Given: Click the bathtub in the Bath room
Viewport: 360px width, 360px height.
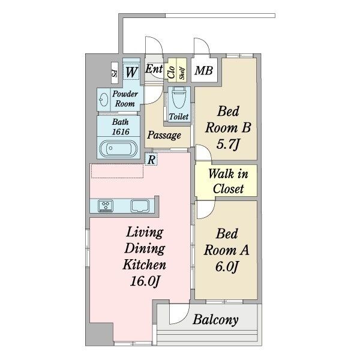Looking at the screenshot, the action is pyautogui.click(x=118, y=148).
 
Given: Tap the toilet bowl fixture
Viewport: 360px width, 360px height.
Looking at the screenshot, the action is pyautogui.click(x=179, y=97).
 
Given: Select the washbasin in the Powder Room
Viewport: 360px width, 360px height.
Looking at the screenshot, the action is pyautogui.click(x=104, y=100).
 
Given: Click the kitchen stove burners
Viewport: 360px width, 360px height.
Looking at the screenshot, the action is pyautogui.click(x=106, y=206).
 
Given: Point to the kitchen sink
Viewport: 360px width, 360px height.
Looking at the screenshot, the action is pyautogui.click(x=140, y=206).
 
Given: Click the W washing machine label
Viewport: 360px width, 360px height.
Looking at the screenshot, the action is pyautogui.click(x=131, y=72).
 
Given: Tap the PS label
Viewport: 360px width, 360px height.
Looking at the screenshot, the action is pyautogui.click(x=115, y=73).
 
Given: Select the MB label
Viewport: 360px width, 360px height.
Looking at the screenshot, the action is pyautogui.click(x=203, y=70).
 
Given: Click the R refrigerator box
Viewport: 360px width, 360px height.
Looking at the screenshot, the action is pyautogui.click(x=151, y=160).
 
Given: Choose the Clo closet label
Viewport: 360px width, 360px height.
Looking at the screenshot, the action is pyautogui.click(x=171, y=73).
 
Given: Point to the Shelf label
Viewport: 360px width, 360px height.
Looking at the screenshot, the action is pyautogui.click(x=182, y=73).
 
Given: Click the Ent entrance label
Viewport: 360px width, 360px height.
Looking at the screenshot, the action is pyautogui.click(x=154, y=68).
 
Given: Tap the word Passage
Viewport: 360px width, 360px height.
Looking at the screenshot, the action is pyautogui.click(x=164, y=135).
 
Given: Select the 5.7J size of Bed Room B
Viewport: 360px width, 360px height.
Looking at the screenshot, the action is pyautogui.click(x=228, y=145).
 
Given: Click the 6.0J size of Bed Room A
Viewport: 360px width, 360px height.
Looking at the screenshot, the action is pyautogui.click(x=226, y=267).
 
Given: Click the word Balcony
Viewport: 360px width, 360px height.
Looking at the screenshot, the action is pyautogui.click(x=215, y=320).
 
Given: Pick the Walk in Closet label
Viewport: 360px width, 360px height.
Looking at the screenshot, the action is pyautogui.click(x=228, y=181).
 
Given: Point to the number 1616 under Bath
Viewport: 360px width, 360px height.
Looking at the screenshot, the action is pyautogui.click(x=121, y=132).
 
